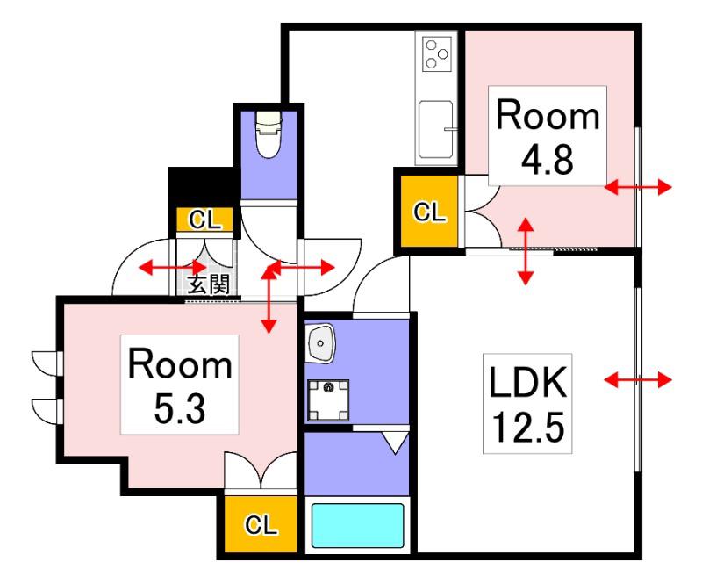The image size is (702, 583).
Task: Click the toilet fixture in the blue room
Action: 269,134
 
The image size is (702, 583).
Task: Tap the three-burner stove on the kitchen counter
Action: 436,54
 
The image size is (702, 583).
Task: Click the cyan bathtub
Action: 357,525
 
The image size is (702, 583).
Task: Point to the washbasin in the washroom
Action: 320,343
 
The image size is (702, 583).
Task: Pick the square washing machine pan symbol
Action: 328,400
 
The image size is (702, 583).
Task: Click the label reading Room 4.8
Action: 547,136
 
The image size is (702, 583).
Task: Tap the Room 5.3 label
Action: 180,385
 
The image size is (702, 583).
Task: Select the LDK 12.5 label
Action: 527,403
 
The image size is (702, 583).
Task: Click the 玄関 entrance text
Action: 208,284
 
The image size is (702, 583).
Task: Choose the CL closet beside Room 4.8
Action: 429,211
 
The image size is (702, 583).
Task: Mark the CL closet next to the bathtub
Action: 261,524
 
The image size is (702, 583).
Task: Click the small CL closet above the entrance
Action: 205,220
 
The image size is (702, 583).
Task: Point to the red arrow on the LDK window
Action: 638,380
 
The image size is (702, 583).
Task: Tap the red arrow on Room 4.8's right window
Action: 638,187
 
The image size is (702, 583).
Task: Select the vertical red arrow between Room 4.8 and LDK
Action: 526,251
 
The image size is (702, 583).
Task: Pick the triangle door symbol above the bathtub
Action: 396,443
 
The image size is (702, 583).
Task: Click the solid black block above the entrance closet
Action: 202,188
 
